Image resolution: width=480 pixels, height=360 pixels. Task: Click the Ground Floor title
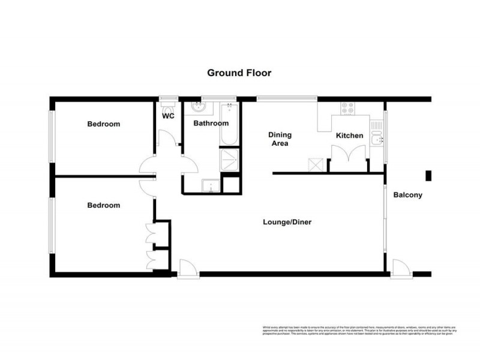click(239, 73)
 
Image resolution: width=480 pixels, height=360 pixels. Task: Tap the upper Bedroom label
click(104, 124)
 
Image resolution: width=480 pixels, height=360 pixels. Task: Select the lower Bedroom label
click(104, 205)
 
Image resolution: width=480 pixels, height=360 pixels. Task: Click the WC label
click(169, 116)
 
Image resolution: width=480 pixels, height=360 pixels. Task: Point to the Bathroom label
click(211, 124)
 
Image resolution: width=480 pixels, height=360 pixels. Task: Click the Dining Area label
click(279, 139)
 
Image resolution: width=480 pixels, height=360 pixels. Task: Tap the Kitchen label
click(349, 136)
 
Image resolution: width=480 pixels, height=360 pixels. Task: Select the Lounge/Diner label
click(287, 222)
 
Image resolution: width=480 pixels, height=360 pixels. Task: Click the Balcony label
click(408, 195)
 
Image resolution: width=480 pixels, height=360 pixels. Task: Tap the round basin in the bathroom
click(199, 108)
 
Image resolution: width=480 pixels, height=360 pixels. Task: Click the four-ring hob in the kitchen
click(347, 109)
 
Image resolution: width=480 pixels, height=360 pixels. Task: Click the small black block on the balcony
click(428, 175)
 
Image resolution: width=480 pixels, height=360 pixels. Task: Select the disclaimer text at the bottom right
click(359, 330)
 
